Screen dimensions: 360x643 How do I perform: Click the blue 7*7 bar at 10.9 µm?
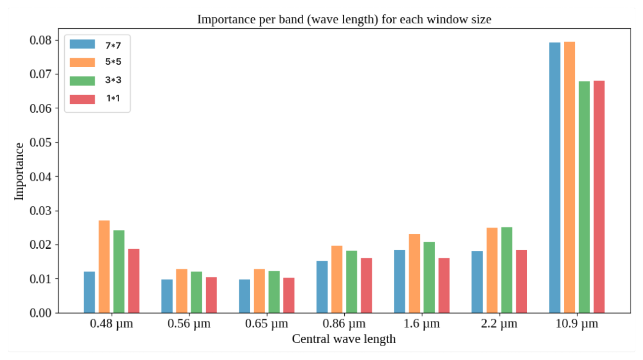(x=554, y=178)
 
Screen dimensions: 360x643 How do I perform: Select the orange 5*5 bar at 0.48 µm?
(x=104, y=267)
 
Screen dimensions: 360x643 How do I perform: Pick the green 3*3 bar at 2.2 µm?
(x=506, y=270)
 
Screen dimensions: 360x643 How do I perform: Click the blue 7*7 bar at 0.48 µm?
(x=89, y=292)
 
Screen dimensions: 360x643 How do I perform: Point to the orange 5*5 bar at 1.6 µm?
(x=414, y=273)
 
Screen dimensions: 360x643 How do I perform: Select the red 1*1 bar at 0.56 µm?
(x=211, y=295)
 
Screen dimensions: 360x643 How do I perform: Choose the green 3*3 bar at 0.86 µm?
(x=352, y=282)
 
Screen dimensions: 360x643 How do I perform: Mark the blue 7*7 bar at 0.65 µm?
(x=244, y=296)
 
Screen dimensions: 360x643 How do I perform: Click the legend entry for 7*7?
(x=113, y=44)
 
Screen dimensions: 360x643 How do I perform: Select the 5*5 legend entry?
(x=113, y=62)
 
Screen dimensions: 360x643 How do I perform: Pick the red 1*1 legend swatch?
(x=82, y=99)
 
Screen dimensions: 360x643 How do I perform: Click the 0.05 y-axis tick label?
(x=42, y=142)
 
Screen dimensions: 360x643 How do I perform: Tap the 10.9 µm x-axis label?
(x=576, y=324)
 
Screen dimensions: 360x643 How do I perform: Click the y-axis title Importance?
(x=19, y=171)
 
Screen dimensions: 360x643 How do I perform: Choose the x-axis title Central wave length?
(x=344, y=339)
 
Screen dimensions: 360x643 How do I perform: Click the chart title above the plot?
(x=344, y=19)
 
